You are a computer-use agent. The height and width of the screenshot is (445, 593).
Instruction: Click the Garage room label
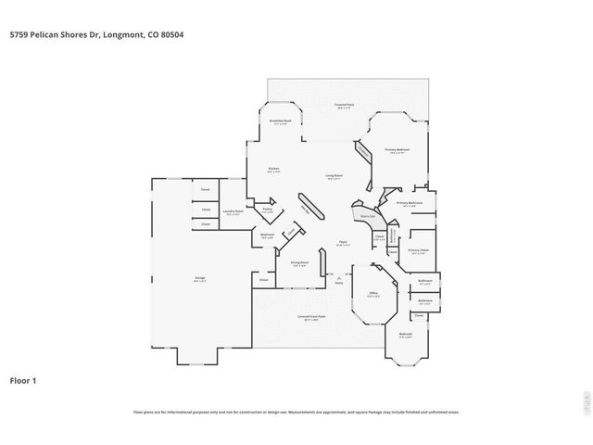(x=199, y=277)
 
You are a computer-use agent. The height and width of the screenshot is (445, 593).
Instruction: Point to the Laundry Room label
(x=233, y=211)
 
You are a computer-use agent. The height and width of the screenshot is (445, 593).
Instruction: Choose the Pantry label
(x=267, y=210)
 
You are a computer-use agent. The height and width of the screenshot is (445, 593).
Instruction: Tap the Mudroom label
(x=267, y=235)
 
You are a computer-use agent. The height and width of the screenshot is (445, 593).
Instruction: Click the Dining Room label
(x=299, y=262)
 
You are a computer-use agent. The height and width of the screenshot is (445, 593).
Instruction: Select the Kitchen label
(x=274, y=169)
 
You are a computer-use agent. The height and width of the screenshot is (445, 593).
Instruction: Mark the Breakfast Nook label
(x=281, y=121)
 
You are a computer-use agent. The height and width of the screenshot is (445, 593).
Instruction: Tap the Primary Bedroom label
(x=397, y=149)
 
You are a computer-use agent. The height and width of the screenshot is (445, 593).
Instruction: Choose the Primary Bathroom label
(x=410, y=202)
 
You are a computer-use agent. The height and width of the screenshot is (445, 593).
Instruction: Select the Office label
(x=372, y=294)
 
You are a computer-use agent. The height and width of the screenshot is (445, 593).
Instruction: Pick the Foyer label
(x=342, y=243)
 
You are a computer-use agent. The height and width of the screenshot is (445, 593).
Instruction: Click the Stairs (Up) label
(x=368, y=215)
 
